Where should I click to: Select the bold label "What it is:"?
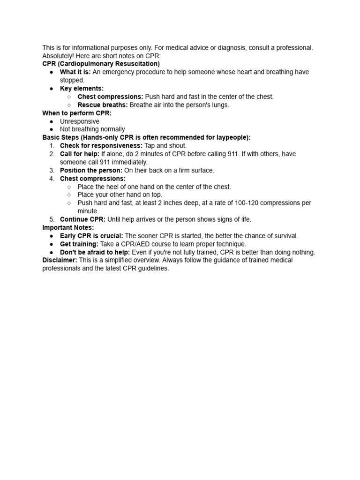pyautogui.click(x=75, y=72)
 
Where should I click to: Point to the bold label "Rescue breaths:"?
pyautogui.click(x=103, y=105)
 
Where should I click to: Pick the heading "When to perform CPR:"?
pyautogui.click(x=77, y=113)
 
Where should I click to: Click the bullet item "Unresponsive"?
pyautogui.click(x=80, y=121)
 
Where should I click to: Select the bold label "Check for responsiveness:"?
pyautogui.click(x=101, y=146)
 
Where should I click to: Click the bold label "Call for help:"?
pyautogui.click(x=80, y=154)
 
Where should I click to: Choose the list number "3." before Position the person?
pyautogui.click(x=52, y=170)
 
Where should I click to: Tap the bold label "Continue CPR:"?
pyautogui.click(x=83, y=219)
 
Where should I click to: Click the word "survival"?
pyautogui.click(x=285, y=236)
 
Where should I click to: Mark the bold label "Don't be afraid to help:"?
pyautogui.click(x=95, y=252)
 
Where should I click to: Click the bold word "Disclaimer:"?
pyautogui.click(x=60, y=260)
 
